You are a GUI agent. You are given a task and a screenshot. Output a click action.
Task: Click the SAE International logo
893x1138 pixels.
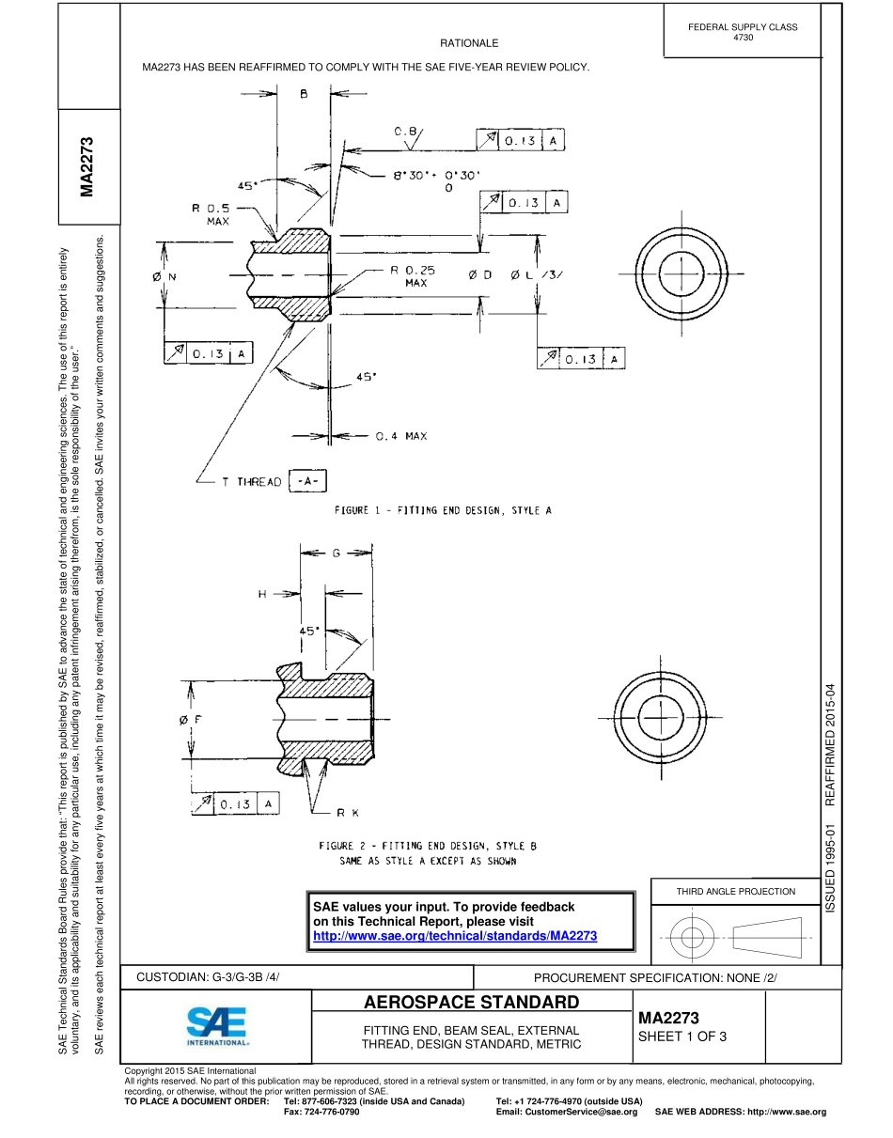(x=217, y=1027)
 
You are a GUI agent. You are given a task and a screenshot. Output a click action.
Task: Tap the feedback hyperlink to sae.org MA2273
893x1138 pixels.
(x=455, y=937)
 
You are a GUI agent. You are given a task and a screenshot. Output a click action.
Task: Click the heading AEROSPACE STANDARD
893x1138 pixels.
(x=472, y=1002)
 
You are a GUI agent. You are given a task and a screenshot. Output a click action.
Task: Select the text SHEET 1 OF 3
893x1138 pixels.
(x=682, y=1037)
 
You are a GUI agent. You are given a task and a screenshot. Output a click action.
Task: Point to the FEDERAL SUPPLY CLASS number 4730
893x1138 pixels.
(x=743, y=38)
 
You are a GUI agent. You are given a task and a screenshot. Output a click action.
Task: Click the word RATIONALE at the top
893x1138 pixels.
(x=469, y=43)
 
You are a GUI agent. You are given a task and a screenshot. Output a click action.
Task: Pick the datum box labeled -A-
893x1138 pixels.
(x=307, y=480)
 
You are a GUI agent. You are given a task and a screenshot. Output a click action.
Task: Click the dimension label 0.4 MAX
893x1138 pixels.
(x=401, y=436)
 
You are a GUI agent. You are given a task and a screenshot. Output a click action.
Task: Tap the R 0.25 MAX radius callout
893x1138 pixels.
(x=414, y=275)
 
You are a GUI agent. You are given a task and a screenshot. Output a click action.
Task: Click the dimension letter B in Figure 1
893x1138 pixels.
(x=304, y=94)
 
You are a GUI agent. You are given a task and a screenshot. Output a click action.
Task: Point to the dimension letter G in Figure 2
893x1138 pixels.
(x=336, y=553)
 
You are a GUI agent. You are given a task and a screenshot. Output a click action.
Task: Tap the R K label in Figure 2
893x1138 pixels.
(x=348, y=813)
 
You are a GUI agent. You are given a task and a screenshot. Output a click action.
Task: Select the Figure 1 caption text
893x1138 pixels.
(x=443, y=510)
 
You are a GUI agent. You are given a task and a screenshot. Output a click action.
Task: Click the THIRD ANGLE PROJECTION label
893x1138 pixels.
(x=736, y=891)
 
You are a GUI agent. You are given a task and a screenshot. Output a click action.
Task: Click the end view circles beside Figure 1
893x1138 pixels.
(x=676, y=273)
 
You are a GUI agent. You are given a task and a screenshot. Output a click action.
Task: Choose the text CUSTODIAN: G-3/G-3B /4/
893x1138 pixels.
(x=209, y=977)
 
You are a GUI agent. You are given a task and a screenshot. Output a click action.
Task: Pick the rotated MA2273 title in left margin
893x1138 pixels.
(x=86, y=168)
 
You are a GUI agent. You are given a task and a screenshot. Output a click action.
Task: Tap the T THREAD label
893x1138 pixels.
(x=251, y=481)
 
